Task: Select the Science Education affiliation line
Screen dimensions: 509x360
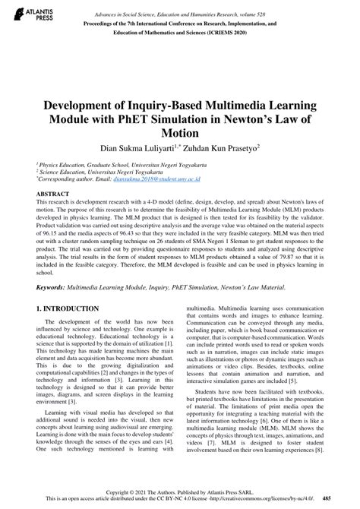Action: [91, 171]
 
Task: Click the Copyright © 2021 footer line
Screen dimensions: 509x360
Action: [180, 492]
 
